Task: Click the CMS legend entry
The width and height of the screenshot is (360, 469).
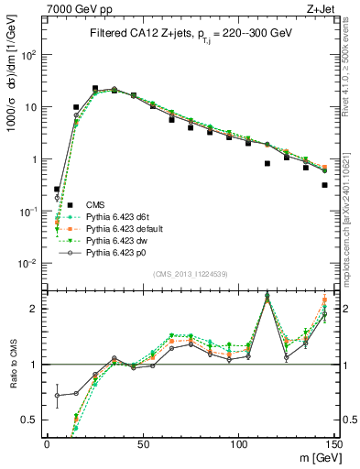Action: coord(97,203)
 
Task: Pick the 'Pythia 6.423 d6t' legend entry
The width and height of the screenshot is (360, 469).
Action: coord(120,215)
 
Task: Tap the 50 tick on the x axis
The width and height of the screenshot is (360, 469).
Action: coord(142,443)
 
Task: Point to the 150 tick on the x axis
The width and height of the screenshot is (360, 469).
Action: coord(334,443)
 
